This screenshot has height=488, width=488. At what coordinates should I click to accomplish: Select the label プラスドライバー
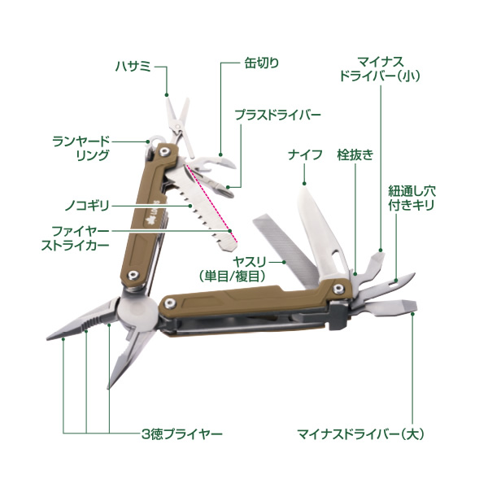click(278, 115)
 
